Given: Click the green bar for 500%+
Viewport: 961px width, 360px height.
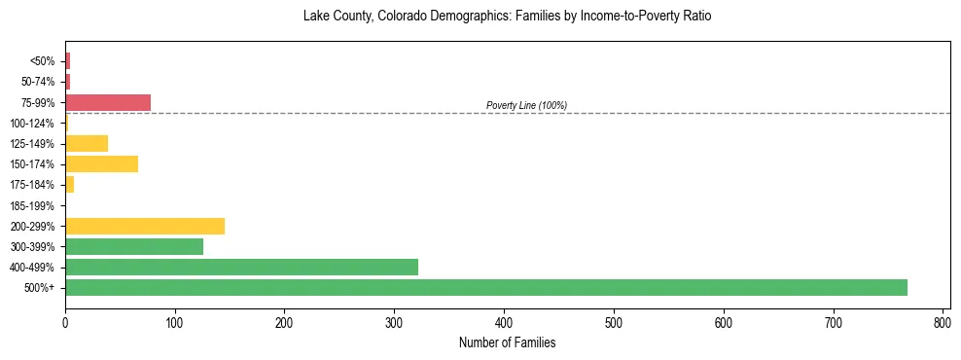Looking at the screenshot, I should (486, 287).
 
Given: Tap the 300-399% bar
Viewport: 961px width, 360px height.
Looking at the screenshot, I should (134, 246).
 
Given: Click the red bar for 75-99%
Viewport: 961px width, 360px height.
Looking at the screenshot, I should (108, 102).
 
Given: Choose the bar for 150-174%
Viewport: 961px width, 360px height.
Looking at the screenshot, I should (101, 163).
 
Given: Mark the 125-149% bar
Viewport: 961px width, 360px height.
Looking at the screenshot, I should (87, 143).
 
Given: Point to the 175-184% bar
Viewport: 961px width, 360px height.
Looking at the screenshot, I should (70, 184).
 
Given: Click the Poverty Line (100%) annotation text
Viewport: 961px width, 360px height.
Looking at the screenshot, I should (526, 105).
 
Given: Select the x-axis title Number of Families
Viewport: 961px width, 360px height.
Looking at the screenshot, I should (507, 342).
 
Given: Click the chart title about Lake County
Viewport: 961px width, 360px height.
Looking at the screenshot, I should (507, 17).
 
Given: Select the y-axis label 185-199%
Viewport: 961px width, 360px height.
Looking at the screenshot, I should (32, 205).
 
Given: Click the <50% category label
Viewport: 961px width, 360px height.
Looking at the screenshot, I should (42, 61).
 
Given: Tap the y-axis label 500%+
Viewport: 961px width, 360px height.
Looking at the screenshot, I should (40, 288).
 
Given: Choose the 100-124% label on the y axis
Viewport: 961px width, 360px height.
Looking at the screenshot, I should (32, 123).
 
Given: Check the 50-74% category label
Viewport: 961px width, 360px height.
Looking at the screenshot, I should (37, 82).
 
